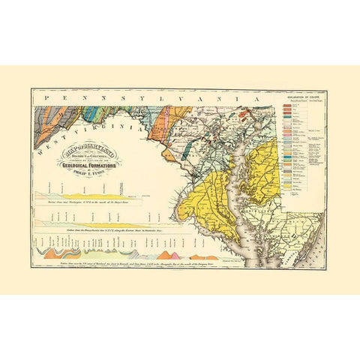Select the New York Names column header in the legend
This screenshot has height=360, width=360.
coord(316,103)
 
